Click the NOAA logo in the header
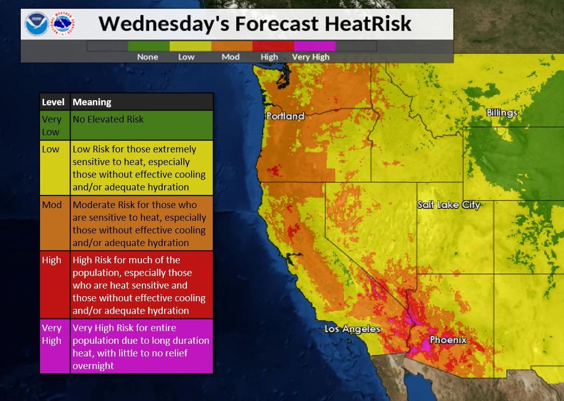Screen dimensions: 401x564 36,24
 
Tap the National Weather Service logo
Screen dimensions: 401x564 63,24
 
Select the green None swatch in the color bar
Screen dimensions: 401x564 148,46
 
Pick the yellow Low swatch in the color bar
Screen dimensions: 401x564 190,46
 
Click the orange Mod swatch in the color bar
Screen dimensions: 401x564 232,46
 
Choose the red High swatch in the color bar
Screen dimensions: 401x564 273,46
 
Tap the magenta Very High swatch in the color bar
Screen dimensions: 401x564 314,46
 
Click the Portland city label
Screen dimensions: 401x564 285,116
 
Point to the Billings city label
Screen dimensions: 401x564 502,112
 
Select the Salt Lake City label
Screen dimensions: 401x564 448,205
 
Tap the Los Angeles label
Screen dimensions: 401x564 352,329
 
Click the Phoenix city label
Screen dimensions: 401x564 448,340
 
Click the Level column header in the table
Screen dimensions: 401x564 53,102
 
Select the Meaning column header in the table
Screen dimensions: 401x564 92,102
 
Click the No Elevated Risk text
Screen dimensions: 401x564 108,119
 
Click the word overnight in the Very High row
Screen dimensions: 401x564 93,366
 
